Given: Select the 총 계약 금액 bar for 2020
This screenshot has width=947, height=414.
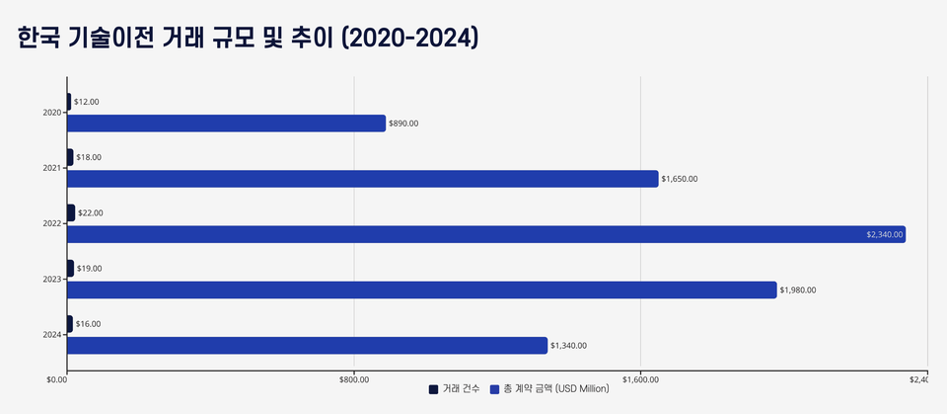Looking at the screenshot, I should point(226,124).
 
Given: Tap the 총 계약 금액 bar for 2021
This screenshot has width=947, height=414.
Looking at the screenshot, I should point(362,179).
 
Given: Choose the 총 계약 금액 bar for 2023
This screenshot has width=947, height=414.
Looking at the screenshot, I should point(421,290).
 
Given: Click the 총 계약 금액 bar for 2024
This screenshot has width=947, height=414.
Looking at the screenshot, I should point(307,345).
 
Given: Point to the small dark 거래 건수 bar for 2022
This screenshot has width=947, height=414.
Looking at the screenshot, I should point(71,212).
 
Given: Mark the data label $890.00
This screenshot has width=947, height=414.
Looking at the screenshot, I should point(403,124).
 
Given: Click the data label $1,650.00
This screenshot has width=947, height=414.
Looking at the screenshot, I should point(680,179).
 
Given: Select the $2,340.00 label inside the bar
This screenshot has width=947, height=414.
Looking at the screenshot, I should point(884,234).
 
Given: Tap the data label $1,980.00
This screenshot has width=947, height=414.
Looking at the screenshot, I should point(798,290).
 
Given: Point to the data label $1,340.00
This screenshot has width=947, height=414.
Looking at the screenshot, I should point(568,345).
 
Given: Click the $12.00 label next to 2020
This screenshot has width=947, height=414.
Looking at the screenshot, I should point(87,102).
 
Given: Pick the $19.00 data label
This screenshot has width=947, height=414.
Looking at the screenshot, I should point(89,268).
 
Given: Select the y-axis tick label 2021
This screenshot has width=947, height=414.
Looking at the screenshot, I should point(52,168).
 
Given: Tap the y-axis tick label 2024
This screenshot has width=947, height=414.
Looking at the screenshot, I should point(52,334).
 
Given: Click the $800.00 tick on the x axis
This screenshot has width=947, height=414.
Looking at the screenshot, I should point(353,378).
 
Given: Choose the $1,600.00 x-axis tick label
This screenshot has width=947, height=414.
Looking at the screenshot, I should point(640,378).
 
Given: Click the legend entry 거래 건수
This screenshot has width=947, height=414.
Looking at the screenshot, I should point(455,389).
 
